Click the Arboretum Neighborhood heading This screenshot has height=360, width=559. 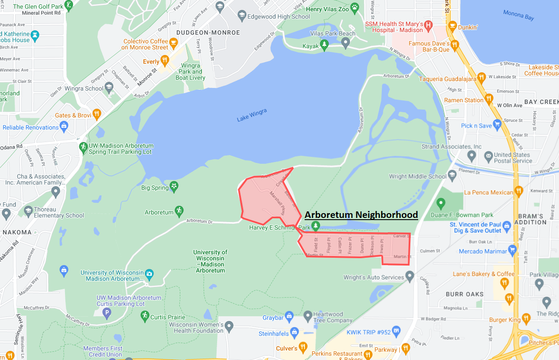point(361,214)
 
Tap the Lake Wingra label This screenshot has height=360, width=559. point(252,115)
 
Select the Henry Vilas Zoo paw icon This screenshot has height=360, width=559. point(355,7)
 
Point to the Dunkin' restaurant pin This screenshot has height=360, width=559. point(452,25)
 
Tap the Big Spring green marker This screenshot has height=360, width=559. point(174,186)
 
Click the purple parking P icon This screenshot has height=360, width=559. point(107,312)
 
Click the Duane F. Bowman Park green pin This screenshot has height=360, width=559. point(441,203)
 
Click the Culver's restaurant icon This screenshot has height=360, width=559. point(303,347)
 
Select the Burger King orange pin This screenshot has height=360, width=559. point(526,319)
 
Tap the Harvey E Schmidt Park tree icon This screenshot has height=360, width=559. point(316,226)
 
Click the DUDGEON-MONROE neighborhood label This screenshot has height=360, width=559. point(208,32)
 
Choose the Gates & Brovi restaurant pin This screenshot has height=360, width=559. point(96,114)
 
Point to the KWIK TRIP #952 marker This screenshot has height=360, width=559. point(395,331)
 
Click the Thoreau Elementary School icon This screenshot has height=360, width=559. point(28,211)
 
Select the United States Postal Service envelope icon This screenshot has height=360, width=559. point(488,155)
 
